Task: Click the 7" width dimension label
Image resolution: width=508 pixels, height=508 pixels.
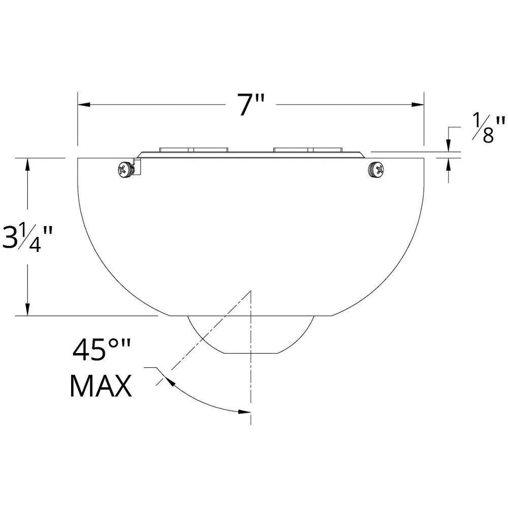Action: click(x=251, y=104)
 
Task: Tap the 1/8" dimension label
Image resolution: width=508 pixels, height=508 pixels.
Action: click(x=488, y=128)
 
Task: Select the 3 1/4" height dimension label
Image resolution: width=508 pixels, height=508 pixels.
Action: click(x=27, y=238)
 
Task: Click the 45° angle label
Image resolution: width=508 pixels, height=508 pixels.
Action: click(x=102, y=351)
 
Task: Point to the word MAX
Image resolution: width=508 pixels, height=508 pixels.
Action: click(x=101, y=386)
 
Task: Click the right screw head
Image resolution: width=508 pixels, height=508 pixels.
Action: click(x=376, y=170)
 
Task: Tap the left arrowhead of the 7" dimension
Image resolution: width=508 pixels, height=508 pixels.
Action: click(x=84, y=105)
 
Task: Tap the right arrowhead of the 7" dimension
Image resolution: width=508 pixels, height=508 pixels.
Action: click(x=418, y=105)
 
